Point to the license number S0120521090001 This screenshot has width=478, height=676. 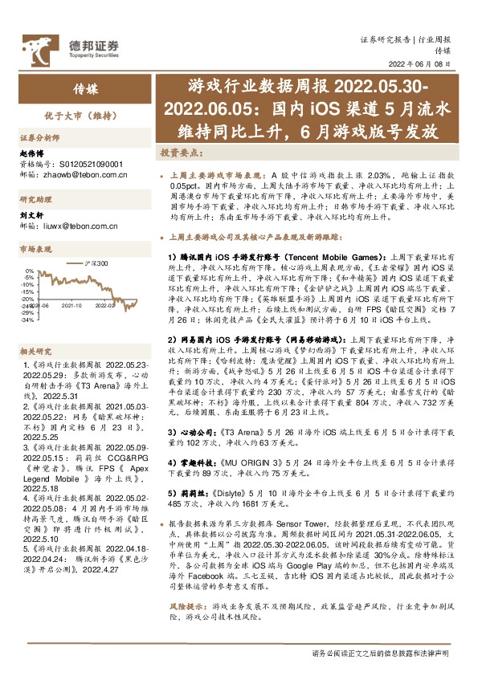[76, 161]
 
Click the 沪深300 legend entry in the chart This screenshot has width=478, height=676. [97, 263]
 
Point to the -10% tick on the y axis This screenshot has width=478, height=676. [28, 285]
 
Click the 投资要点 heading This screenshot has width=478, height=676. [176, 152]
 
